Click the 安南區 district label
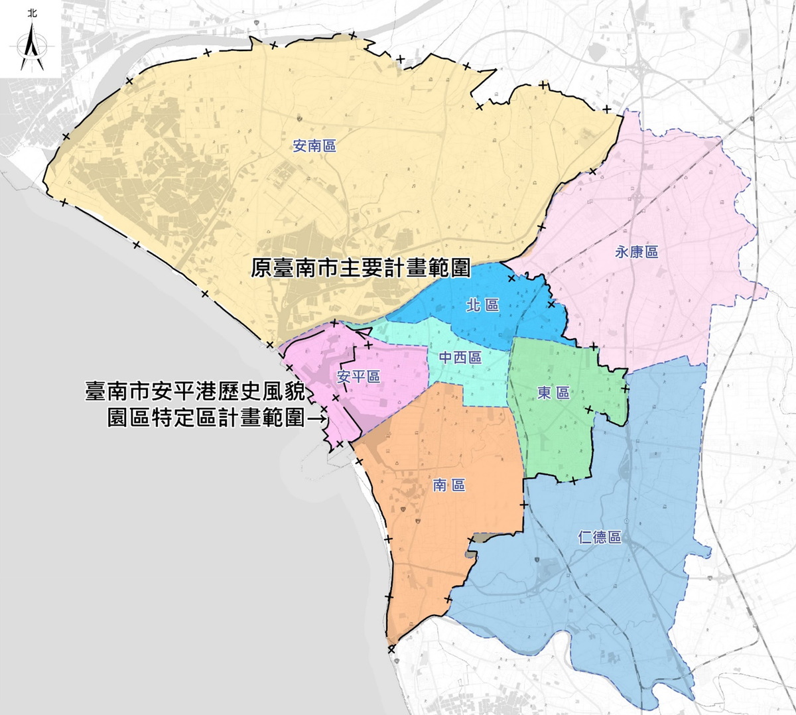tap(314, 146)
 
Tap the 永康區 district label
tap(636, 252)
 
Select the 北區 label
tap(482, 305)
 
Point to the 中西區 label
tap(460, 357)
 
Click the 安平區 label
tap(358, 377)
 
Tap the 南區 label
tap(449, 486)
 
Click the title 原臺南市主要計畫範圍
tap(361, 268)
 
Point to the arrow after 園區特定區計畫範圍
tap(318, 419)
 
